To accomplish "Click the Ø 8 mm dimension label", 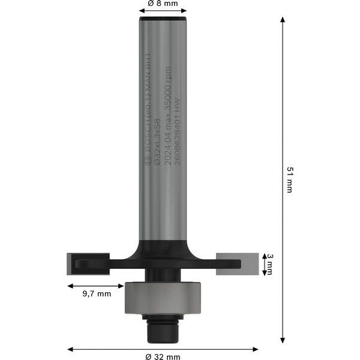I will coord(162,4).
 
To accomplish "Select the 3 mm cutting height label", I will coord(269,263).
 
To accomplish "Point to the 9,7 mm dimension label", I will coord(96,294).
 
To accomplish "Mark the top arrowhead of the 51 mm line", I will coord(283,20).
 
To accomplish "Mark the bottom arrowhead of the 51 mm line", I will coord(283,342).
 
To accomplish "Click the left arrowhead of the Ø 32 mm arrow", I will coord(70,348).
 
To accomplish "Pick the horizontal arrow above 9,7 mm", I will coord(96,286).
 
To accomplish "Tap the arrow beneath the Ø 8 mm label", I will coord(162,12).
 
